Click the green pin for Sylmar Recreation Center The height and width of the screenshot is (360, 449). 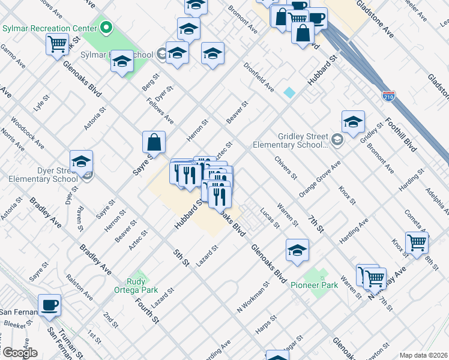[x=106, y=28]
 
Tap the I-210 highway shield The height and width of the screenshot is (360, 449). [x=388, y=95]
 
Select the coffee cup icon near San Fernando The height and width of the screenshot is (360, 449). [x=50, y=305]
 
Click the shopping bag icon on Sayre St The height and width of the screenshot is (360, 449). [x=154, y=142]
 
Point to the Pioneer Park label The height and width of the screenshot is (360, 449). [x=315, y=285]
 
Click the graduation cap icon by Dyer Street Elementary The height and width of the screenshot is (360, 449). [x=81, y=161]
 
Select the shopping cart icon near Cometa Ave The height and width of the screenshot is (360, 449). [x=417, y=242]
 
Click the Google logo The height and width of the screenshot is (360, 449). [x=19, y=353]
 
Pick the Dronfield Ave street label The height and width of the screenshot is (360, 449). [x=259, y=78]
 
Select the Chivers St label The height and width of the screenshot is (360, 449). [x=286, y=167]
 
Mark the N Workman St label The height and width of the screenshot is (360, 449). [x=252, y=298]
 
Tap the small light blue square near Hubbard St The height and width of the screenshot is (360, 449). [x=290, y=92]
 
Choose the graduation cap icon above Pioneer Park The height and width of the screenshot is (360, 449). [x=297, y=251]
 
